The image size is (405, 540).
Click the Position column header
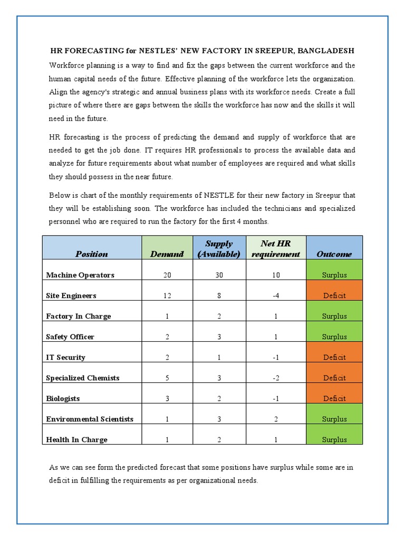[92, 254]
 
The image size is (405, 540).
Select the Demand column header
[167, 254]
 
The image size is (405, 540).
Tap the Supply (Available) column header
[219, 248]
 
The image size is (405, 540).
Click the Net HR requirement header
[276, 248]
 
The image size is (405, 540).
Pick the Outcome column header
[334, 254]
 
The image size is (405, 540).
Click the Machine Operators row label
[80, 275]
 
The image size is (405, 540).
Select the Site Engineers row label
[71, 295]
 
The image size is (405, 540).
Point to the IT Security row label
[65, 357]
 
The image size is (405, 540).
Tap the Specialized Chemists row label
[83, 378]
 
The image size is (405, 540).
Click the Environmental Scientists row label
[90, 419]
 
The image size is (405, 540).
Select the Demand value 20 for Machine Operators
[167, 275]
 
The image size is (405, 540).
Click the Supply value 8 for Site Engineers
[219, 295]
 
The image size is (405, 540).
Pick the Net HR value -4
[276, 295]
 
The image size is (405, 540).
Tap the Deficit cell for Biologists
[334, 398]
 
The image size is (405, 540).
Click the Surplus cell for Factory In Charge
[334, 316]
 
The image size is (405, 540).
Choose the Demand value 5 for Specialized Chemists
[167, 378]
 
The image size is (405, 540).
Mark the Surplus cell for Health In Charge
[334, 439]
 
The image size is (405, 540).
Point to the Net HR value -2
[276, 378]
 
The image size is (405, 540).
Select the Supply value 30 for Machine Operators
[219, 275]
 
